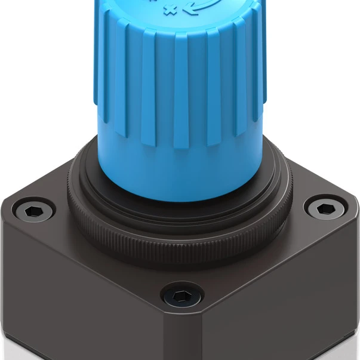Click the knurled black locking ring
click(179, 242)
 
